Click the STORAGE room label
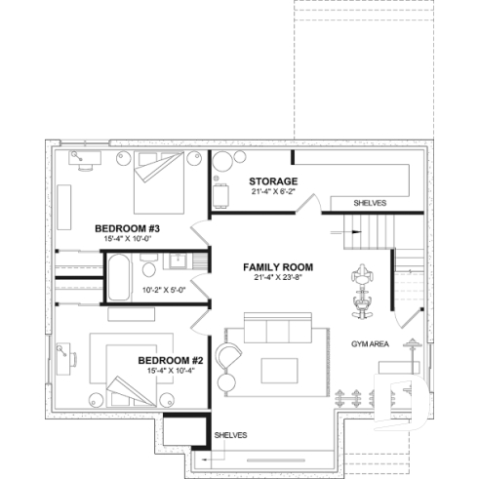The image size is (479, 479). pyautogui.click(x=272, y=181)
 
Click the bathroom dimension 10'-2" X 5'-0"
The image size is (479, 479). pyautogui.click(x=163, y=290)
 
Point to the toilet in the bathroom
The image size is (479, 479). pyautogui.click(x=147, y=263)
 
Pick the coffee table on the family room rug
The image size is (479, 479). pyautogui.click(x=279, y=369)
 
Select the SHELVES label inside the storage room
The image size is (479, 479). pyautogui.click(x=369, y=203)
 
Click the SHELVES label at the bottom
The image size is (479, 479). pyautogui.click(x=230, y=434)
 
